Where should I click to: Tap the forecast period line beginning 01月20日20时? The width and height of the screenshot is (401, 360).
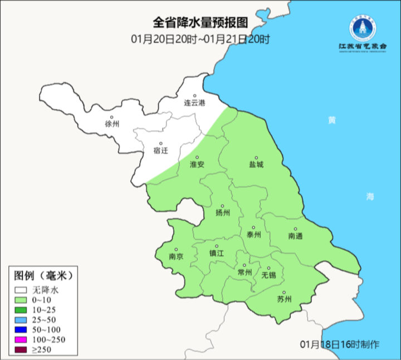click(200, 39)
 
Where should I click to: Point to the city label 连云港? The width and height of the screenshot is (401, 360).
click(194, 103)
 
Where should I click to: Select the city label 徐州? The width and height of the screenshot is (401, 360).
click(112, 124)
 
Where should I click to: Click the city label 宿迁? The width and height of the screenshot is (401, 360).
click(160, 150)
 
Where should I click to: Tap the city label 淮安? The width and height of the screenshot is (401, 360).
click(197, 164)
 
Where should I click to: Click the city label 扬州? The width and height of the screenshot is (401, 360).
click(222, 212)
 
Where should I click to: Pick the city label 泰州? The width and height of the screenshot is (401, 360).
click(254, 235)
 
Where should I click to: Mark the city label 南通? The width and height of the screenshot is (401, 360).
click(296, 236)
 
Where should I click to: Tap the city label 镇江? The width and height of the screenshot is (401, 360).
click(216, 253)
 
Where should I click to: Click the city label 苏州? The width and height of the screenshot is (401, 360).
click(284, 299)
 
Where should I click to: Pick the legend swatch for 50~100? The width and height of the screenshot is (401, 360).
click(22, 330)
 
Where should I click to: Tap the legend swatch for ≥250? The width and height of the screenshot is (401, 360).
click(22, 350)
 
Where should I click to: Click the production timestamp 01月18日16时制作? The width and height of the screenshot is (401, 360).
click(340, 343)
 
